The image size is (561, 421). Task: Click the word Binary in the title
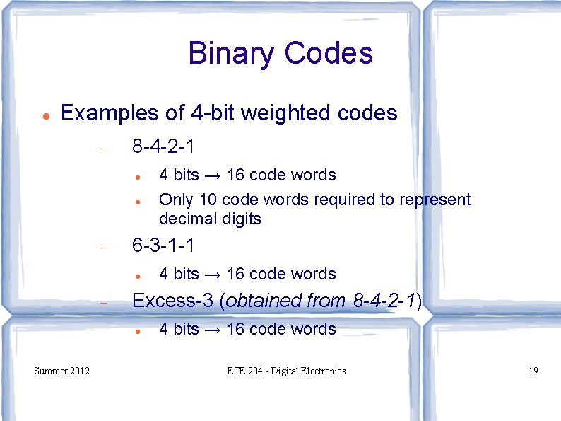coord(230,54)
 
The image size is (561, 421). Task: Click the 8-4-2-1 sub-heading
coord(163,147)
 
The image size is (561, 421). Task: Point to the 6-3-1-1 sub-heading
coord(163,246)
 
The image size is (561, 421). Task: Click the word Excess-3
coord(172,301)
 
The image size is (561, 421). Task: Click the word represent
coord(435,200)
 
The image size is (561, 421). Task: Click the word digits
coord(240,219)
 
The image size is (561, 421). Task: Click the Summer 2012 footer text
coord(62,371)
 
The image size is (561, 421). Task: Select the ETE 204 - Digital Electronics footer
coord(287,371)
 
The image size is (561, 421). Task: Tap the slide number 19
coord(533,371)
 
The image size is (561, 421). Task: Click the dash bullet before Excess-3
coord(103,303)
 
